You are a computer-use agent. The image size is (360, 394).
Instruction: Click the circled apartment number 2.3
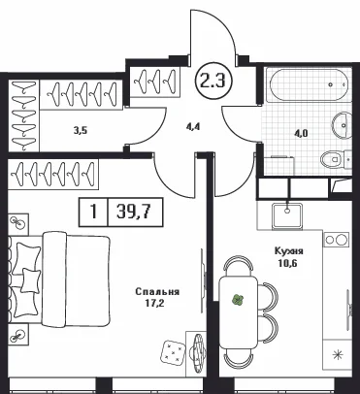[x=213, y=82]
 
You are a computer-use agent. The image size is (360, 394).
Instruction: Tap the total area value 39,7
[x=135, y=213]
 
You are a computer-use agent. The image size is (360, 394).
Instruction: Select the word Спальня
[x=157, y=292]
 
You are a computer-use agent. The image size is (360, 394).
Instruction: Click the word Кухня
[x=288, y=250]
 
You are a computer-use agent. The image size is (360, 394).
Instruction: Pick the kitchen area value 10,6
[x=287, y=262]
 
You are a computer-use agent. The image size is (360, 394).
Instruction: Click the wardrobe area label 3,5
[x=81, y=131]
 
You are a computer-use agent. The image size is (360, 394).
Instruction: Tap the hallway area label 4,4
[x=193, y=126]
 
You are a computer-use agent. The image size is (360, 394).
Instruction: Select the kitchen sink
[x=287, y=214]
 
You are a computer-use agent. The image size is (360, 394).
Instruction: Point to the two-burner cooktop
[x=336, y=240]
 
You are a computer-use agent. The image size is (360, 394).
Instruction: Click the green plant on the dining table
[x=238, y=301]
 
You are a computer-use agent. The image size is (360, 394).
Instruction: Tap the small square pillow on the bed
[x=31, y=280]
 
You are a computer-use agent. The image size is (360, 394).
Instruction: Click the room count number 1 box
[x=93, y=213]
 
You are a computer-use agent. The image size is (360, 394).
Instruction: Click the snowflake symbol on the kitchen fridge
[x=338, y=355]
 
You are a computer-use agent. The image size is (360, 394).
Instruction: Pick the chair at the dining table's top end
[x=239, y=263]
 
